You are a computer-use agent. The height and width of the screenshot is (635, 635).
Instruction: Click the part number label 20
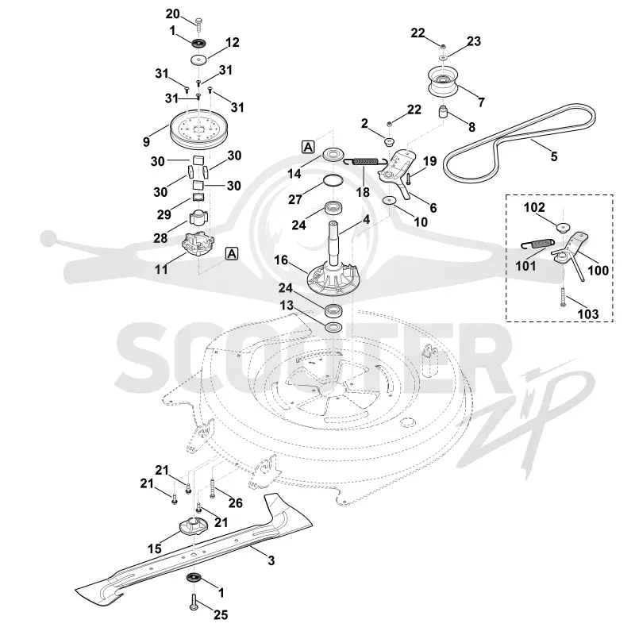[172, 13]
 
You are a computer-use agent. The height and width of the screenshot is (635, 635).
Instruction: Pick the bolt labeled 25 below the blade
[194, 602]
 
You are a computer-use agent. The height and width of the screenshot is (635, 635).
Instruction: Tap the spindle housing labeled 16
[332, 275]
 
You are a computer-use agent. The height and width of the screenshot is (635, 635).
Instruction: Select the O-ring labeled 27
[333, 181]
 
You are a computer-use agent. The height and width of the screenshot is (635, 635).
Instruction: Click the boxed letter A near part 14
[308, 147]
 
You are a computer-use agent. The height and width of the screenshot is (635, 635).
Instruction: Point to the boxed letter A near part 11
[232, 253]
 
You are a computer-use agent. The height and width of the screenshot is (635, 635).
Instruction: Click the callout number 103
[587, 314]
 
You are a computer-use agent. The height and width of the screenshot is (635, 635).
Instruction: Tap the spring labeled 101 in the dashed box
[537, 244]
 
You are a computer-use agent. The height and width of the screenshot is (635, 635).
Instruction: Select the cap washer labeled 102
[562, 227]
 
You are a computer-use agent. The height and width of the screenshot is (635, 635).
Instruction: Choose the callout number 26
[235, 503]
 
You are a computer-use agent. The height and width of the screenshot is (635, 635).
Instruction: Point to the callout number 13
[287, 305]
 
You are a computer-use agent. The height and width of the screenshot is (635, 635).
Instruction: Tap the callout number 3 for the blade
[271, 560]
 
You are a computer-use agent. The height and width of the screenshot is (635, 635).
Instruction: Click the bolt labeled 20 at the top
[198, 25]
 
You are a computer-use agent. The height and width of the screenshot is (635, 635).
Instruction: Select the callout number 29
[164, 214]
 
